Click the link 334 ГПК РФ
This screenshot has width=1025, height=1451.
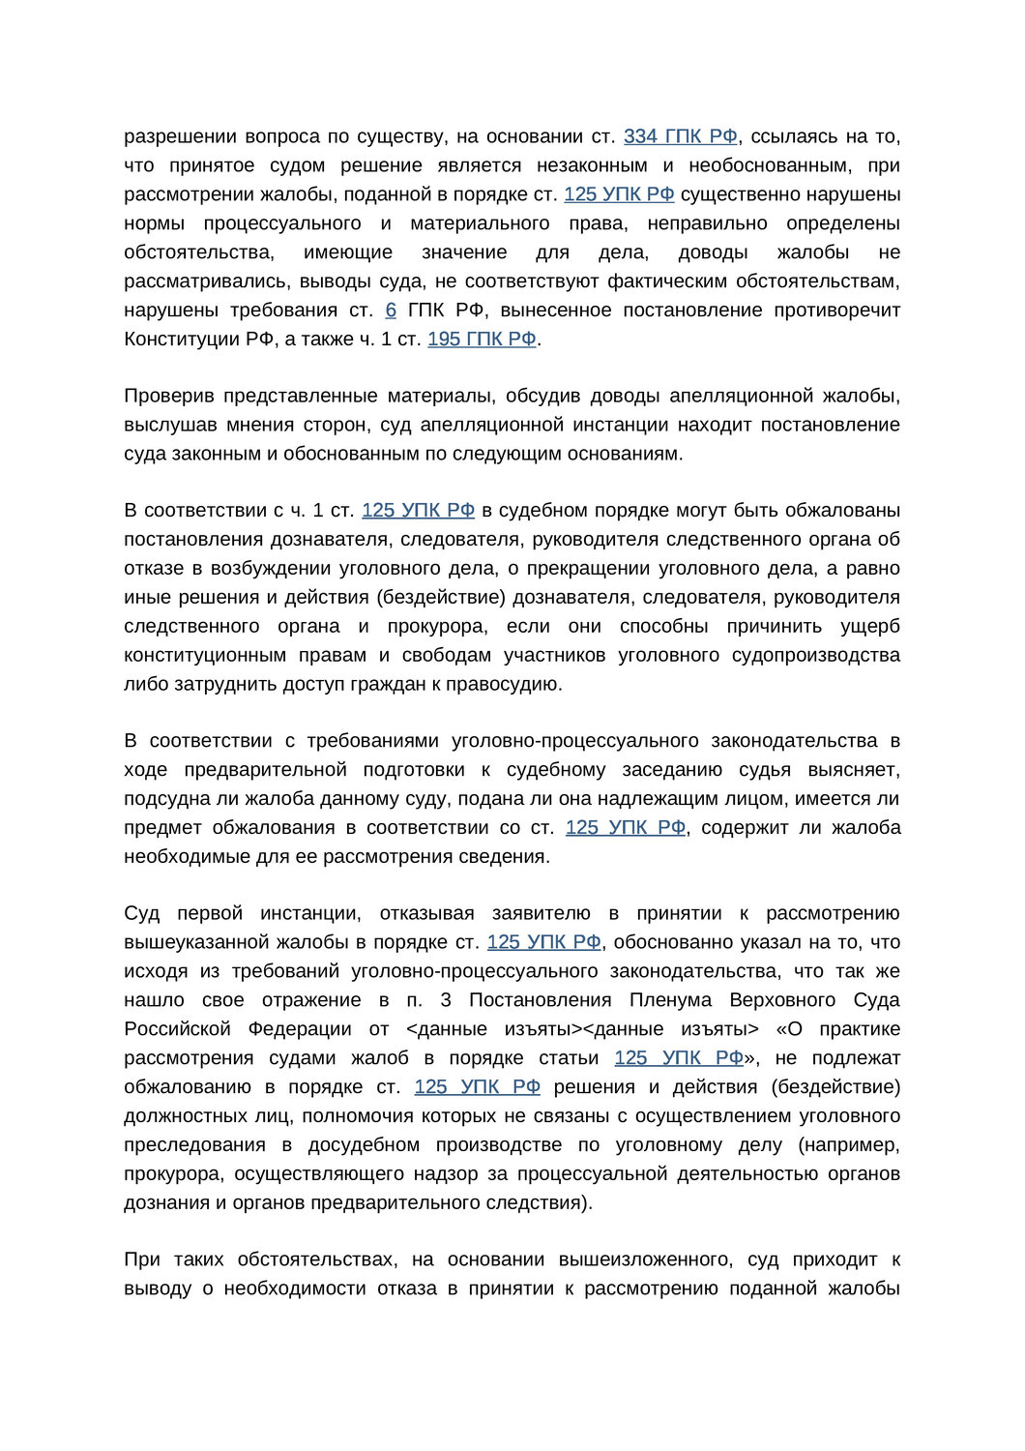click(680, 136)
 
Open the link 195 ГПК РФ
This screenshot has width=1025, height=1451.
click(482, 339)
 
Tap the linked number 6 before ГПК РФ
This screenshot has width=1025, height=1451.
click(391, 311)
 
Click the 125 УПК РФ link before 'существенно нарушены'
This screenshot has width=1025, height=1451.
click(619, 194)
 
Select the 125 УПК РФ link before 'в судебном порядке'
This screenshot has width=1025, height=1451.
click(418, 510)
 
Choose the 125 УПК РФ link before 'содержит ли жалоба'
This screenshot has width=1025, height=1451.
click(626, 827)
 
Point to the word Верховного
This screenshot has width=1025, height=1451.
click(780, 999)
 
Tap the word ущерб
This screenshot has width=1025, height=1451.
click(870, 626)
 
